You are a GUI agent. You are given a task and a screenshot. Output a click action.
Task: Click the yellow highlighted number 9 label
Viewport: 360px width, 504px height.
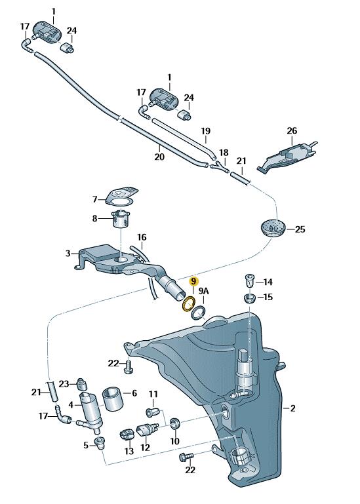pyautogui.click(x=193, y=282)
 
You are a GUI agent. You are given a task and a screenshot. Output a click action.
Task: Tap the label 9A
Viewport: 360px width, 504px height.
pyautogui.click(x=203, y=291)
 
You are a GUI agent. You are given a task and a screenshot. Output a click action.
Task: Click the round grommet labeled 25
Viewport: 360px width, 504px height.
pyautogui.click(x=273, y=229)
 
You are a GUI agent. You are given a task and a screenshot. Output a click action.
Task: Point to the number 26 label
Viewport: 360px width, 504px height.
pyautogui.click(x=292, y=131)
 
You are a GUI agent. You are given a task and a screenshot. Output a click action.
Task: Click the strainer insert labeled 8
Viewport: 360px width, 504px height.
pyautogui.click(x=121, y=218)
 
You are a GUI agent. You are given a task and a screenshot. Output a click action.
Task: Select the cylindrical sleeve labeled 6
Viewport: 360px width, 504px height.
pyautogui.click(x=113, y=398)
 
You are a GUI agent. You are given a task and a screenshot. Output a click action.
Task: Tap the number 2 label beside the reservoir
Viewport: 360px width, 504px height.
pyautogui.click(x=292, y=408)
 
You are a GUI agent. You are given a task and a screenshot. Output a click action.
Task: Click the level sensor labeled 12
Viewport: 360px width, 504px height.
pyautogui.click(x=148, y=429)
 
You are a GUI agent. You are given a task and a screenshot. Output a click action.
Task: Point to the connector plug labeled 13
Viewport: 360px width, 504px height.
pyautogui.click(x=126, y=435)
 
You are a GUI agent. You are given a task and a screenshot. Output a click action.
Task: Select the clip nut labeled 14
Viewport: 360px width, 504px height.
pyautogui.click(x=250, y=281)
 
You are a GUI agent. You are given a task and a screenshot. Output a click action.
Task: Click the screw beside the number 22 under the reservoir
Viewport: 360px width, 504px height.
pyautogui.click(x=186, y=456)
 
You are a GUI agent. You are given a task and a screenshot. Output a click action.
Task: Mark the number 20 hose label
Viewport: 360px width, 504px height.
pyautogui.click(x=159, y=156)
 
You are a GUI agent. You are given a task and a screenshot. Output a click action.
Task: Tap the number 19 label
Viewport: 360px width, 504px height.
pyautogui.click(x=206, y=131)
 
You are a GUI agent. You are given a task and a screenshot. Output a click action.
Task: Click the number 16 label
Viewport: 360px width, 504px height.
pyautogui.click(x=142, y=237)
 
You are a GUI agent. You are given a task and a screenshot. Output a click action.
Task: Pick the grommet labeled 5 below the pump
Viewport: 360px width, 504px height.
pyautogui.click(x=100, y=443)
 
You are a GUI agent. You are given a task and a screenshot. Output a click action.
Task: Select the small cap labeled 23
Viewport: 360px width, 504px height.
pyautogui.click(x=83, y=383)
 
